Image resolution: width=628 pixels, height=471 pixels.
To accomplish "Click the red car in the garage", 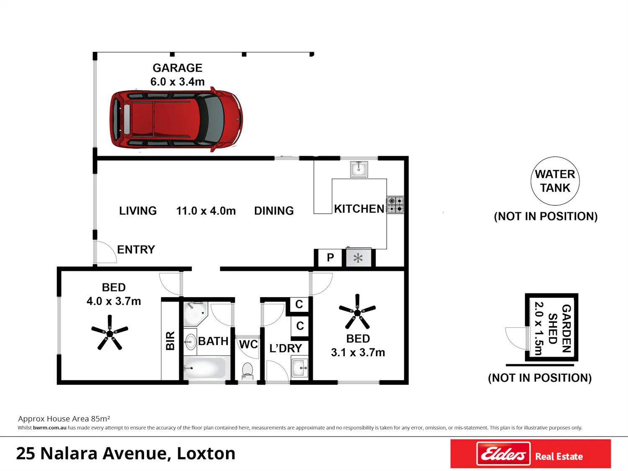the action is pyautogui.click(x=176, y=119).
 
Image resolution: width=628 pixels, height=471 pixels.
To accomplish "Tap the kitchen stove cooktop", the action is pyautogui.click(x=395, y=205).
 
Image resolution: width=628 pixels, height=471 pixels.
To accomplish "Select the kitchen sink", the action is pyautogui.click(x=359, y=169).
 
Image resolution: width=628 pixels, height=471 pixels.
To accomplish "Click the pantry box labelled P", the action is pyautogui.click(x=330, y=257).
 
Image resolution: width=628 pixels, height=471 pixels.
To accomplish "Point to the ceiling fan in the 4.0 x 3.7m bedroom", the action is pyautogui.click(x=110, y=333).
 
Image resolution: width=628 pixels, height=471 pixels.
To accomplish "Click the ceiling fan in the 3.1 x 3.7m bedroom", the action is pyautogui.click(x=357, y=312).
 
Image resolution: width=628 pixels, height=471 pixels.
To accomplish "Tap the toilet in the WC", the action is pyautogui.click(x=247, y=371).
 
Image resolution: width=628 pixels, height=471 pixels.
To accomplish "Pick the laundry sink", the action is pyautogui.click(x=299, y=367).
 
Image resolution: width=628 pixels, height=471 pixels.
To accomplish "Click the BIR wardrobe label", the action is pyautogui.click(x=170, y=341).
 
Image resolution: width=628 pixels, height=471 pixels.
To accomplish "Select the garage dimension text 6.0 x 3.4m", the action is pyautogui.click(x=178, y=82).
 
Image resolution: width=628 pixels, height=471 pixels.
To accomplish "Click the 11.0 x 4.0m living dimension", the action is pyautogui.click(x=206, y=211).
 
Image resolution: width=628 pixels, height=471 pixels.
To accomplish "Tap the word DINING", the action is pyautogui.click(x=274, y=211).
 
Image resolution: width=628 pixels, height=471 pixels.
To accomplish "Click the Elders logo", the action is pyautogui.click(x=503, y=453).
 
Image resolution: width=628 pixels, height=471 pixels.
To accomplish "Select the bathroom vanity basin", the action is pyautogui.click(x=190, y=342).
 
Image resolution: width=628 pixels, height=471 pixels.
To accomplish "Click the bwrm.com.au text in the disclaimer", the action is pyautogui.click(x=50, y=428).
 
